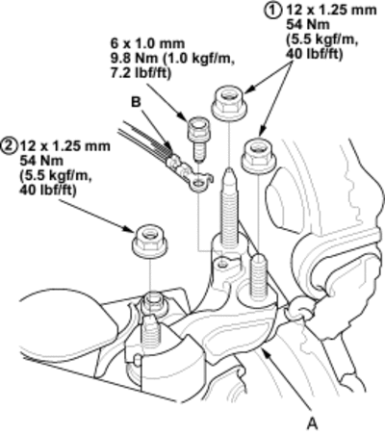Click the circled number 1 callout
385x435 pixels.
click(271, 10)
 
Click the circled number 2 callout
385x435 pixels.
click(9, 146)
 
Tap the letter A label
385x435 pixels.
click(312, 423)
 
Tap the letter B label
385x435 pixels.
click(136, 102)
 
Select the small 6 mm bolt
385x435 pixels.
click(197, 139)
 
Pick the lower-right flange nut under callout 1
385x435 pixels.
click(259, 156)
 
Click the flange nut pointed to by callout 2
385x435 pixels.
click(149, 242)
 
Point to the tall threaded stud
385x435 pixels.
click(229, 205)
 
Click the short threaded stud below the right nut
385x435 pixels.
click(259, 275)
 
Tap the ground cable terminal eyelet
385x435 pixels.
click(200, 184)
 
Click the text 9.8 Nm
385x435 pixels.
click(135, 59)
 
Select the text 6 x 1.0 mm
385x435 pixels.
click(147, 43)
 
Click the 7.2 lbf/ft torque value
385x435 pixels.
click(141, 73)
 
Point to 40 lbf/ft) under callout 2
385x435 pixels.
click(48, 191)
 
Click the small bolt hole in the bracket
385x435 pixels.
click(223, 264)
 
